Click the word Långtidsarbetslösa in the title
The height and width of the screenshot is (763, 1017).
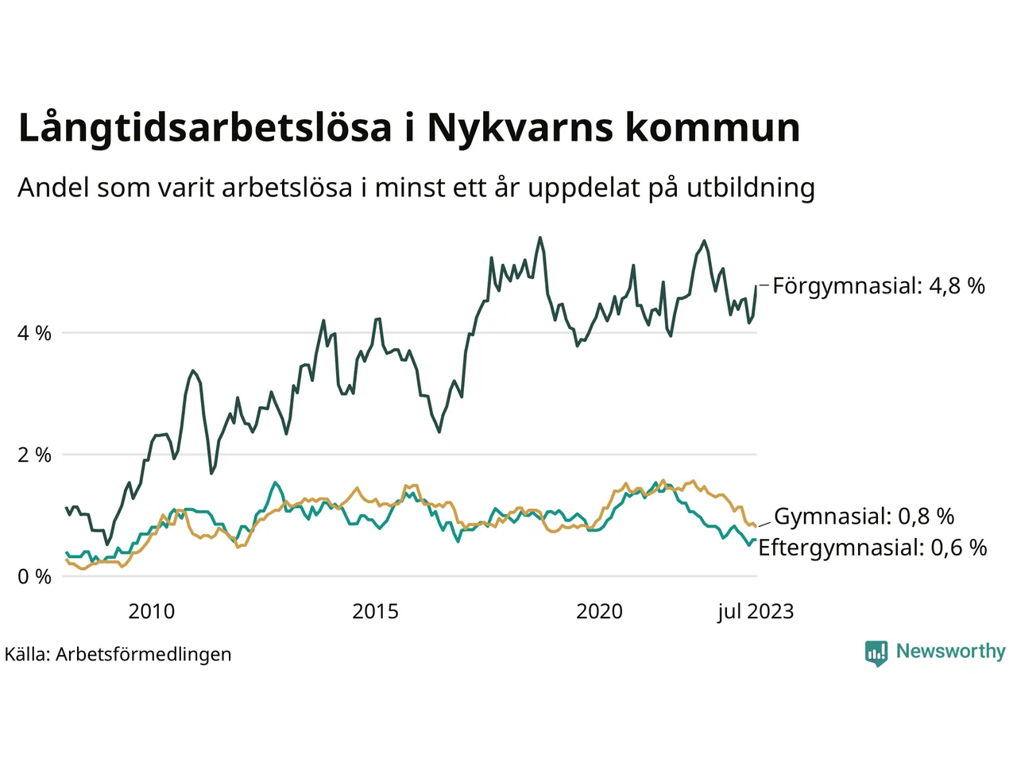tap(205, 129)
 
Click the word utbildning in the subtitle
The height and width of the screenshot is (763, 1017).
tap(751, 188)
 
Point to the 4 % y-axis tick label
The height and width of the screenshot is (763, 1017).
tap(34, 333)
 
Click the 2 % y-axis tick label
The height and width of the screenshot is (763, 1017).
tap(34, 455)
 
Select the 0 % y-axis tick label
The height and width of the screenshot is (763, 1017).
tap(34, 577)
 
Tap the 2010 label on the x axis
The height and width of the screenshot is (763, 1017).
tap(151, 611)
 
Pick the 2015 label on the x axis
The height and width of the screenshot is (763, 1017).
tap(375, 611)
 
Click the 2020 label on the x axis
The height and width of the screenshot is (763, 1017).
tap(599, 611)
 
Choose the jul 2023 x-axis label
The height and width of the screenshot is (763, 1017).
tap(755, 611)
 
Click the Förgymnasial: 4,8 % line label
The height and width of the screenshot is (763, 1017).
tap(879, 286)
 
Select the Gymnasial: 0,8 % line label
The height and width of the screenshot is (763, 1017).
tap(864, 517)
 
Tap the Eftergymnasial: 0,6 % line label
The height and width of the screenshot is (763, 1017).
tap(872, 548)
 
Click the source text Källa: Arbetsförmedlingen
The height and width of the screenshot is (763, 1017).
tap(118, 654)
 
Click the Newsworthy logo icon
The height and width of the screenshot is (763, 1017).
tap(876, 653)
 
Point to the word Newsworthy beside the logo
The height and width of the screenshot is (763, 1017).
tap(950, 651)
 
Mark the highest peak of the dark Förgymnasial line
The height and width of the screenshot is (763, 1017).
tap(540, 237)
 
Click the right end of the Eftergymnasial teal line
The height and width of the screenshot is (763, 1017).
tap(755, 540)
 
